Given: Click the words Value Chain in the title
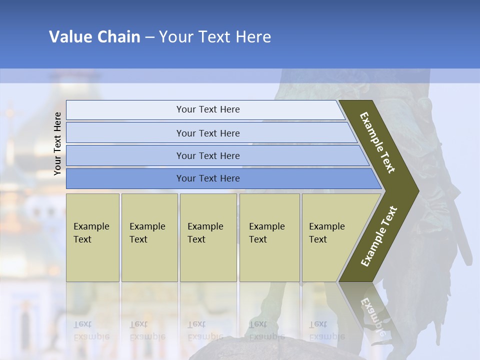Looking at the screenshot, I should coord(94,36).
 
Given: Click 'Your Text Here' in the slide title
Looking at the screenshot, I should coord(215,36).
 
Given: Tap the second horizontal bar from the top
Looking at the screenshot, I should coord(208,133).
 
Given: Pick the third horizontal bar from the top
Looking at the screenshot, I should coord(208,155).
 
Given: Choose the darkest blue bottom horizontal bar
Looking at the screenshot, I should coord(208,178).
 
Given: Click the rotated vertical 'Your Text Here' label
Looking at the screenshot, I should coord(58,144).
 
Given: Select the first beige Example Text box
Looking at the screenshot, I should coord(92,237).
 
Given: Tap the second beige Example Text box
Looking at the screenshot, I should coord(149,237).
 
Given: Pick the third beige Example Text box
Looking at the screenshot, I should coord(208,237).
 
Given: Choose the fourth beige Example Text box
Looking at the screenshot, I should coord(269,237).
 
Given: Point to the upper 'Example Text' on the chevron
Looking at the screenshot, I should coord(377,142).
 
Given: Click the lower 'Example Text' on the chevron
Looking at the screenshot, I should coord(379,236).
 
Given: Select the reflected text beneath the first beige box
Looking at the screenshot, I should coord(91,330).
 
